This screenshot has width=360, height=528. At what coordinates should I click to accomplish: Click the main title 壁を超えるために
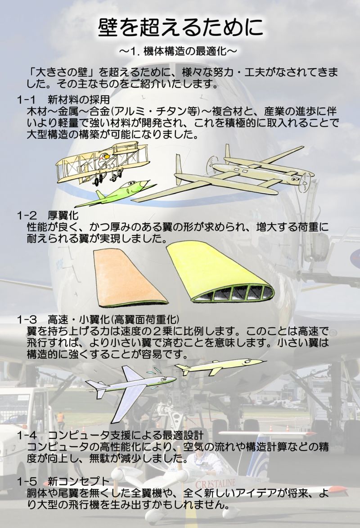[x=180, y=27]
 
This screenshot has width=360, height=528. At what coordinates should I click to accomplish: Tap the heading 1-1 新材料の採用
[x=63, y=99]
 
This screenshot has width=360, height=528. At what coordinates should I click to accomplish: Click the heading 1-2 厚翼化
[x=48, y=215]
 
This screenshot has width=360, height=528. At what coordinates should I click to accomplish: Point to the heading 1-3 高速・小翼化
[x=98, y=319]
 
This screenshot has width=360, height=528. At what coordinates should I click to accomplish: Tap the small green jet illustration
[x=116, y=194]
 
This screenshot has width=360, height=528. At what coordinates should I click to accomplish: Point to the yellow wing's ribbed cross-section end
[x=233, y=292]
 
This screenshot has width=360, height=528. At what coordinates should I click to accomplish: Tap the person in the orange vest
[x=60, y=419]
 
